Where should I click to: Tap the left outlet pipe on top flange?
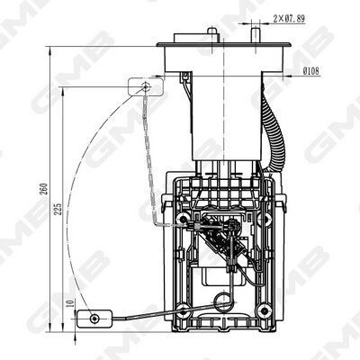[x=211, y=33]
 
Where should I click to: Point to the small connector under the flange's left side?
[x=184, y=85]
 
